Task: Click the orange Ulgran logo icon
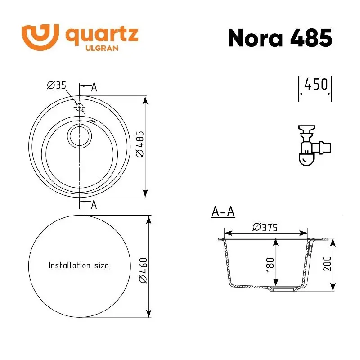[x=40, y=36]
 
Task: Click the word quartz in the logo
[x=102, y=35]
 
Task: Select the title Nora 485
[x=280, y=38]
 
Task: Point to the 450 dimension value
[x=315, y=85]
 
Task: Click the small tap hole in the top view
[x=80, y=107]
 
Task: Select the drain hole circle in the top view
[x=80, y=135]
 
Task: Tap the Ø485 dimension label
[x=139, y=144]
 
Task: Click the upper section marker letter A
[x=94, y=87]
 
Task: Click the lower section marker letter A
[x=94, y=205]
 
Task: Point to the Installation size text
[x=79, y=265]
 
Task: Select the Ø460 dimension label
[x=143, y=270]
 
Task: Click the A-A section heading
[x=223, y=212]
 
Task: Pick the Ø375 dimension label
[x=265, y=227]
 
